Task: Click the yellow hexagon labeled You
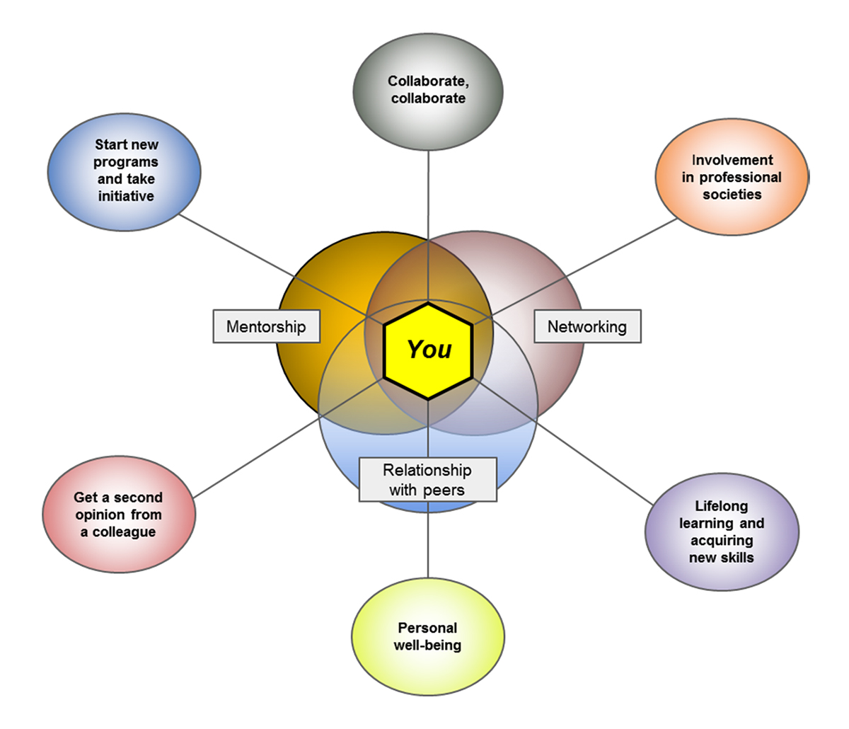pyautogui.click(x=428, y=350)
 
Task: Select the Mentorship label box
pyautogui.click(x=266, y=326)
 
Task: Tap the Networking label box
pyautogui.click(x=587, y=326)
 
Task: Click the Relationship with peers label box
pyautogui.click(x=427, y=479)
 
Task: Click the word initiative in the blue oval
pyautogui.click(x=126, y=196)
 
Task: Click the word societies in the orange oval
pyautogui.click(x=732, y=194)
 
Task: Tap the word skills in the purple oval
pyautogui.click(x=737, y=557)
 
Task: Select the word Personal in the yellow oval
pyautogui.click(x=427, y=628)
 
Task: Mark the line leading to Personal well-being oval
pyautogui.click(x=428, y=538)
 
